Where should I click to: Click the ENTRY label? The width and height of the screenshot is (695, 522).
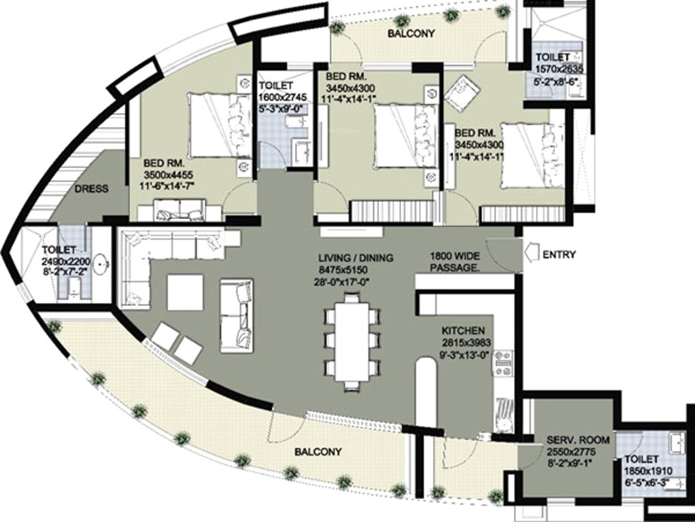pyautogui.click(x=560, y=255)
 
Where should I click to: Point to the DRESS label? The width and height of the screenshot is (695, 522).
pyautogui.click(x=91, y=189)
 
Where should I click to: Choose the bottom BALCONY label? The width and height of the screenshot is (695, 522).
pyautogui.click(x=318, y=452)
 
